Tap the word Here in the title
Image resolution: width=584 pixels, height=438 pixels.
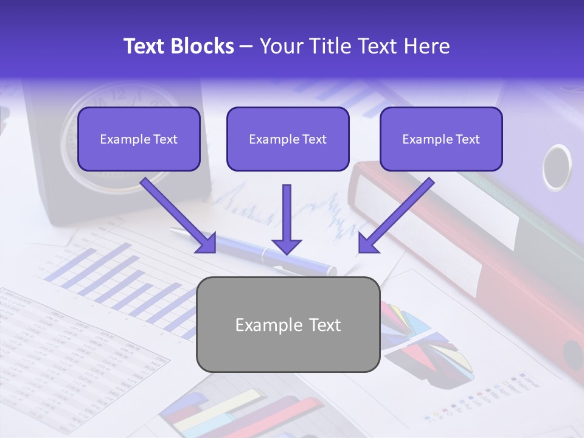pyautogui.click(x=427, y=46)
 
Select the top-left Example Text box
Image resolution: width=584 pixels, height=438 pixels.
pyautogui.click(x=139, y=139)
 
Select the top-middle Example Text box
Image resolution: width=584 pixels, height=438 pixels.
pyautogui.click(x=288, y=139)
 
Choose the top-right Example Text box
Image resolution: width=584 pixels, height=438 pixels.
pyautogui.click(x=441, y=139)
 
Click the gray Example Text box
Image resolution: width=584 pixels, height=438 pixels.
pyautogui.click(x=288, y=324)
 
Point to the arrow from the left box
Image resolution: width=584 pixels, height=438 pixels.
pyautogui.click(x=179, y=215)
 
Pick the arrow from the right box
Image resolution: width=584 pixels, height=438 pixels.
pyautogui.click(x=395, y=215)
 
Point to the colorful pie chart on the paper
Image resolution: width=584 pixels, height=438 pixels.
pyautogui.click(x=426, y=341)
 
